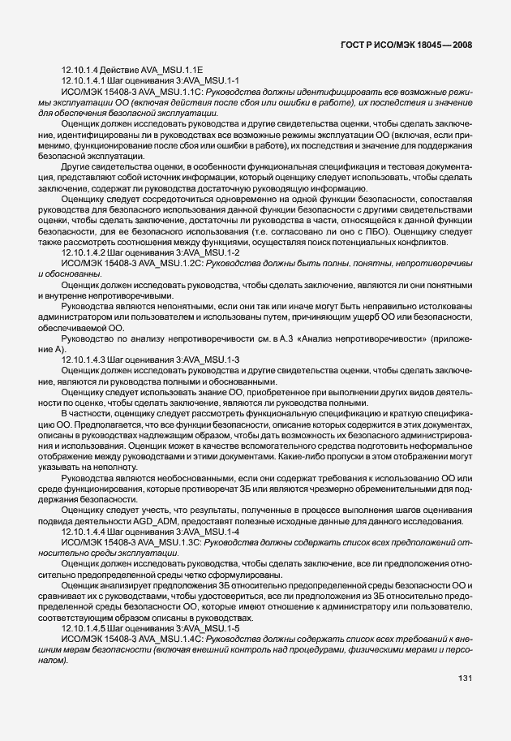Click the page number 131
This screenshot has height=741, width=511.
pos(465,678)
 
